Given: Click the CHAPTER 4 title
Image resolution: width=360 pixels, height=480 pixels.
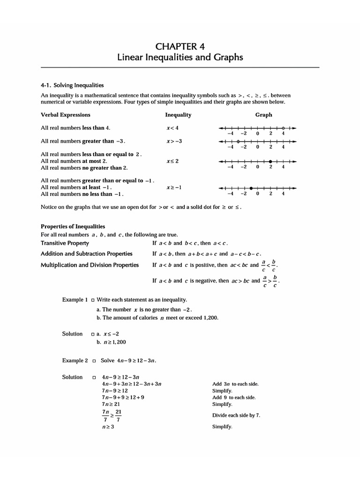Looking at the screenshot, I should pos(180,46).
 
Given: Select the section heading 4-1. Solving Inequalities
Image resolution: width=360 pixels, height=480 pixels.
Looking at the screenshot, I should pos(72,85).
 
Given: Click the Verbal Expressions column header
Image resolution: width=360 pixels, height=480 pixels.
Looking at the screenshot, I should pos(66,115).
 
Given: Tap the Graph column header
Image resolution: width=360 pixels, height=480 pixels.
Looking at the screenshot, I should pos(263,115).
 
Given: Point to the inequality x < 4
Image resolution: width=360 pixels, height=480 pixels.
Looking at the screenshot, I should pos(172,128).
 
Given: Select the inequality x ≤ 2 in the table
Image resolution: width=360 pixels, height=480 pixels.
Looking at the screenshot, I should pos(172,161).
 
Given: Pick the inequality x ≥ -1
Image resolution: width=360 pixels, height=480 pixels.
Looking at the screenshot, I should pos(173,187).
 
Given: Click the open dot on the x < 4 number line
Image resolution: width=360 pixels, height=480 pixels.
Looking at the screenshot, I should pos(283,128).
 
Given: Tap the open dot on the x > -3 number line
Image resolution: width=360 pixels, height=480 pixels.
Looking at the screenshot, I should pos(238,141).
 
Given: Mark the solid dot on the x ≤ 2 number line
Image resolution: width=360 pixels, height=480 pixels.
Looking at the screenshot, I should pos(270,161).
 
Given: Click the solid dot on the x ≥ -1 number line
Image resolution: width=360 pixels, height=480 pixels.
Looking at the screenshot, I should pos(251,188).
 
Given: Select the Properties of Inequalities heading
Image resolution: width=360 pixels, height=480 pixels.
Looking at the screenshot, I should pos(73,226).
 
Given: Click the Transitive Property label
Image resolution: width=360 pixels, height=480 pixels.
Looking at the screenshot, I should pos(65,243).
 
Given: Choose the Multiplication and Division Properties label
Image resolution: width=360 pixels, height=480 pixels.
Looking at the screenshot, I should pos(90,265).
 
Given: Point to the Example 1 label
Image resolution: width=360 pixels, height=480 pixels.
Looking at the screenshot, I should pos(75,300).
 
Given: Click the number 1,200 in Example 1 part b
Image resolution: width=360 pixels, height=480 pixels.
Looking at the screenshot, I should pos(210,318).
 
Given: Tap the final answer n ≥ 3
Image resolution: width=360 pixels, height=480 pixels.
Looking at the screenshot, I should pos(108,427).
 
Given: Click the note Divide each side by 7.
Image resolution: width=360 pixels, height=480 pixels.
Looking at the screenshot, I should pos(236,415).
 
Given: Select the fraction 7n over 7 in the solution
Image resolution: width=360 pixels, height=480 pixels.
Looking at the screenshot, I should pos(105,415).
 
